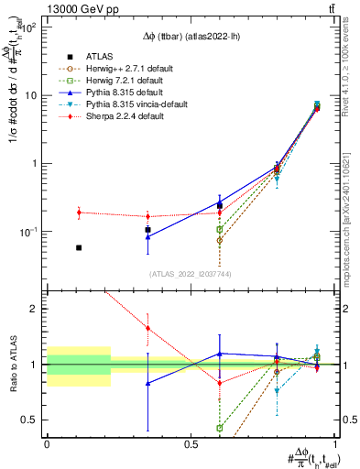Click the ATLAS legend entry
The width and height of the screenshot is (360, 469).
pos(99,55)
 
